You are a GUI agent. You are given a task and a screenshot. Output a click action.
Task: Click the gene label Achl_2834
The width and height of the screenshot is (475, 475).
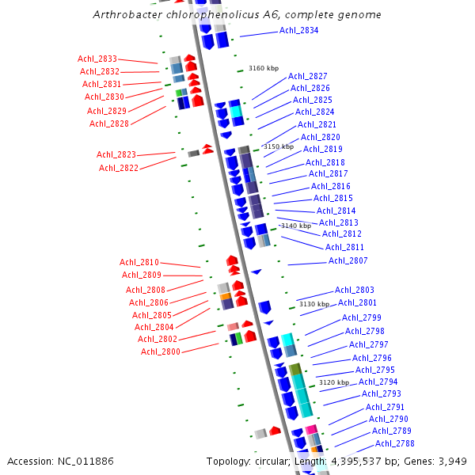point(299,30)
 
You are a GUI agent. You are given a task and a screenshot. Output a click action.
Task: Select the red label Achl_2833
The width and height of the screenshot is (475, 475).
point(97,59)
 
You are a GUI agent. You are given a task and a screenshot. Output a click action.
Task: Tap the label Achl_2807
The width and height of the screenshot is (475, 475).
point(348,260)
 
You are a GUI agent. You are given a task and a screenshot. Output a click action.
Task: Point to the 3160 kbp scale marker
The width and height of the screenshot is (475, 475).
point(264,69)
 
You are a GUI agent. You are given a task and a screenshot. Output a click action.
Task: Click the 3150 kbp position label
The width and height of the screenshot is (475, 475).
point(278,146)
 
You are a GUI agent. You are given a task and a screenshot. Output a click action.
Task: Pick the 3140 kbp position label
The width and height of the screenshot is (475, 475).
point(296,226)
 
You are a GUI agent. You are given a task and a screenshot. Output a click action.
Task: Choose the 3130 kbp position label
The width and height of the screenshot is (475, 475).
point(313,304)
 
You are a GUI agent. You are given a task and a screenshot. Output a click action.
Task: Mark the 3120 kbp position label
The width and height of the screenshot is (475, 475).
point(333,382)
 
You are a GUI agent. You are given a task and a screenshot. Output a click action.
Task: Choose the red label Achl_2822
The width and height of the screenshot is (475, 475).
point(119,168)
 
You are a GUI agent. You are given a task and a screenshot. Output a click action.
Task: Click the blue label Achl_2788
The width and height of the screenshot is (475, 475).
point(394,443)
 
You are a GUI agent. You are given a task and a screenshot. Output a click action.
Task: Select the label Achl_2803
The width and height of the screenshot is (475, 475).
point(355,290)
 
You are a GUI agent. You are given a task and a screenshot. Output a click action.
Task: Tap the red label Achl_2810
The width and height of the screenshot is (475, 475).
point(139,262)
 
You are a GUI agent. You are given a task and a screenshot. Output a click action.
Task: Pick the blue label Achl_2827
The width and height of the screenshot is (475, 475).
point(308,76)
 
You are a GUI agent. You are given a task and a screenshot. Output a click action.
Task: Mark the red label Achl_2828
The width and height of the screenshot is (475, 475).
point(109,123)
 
